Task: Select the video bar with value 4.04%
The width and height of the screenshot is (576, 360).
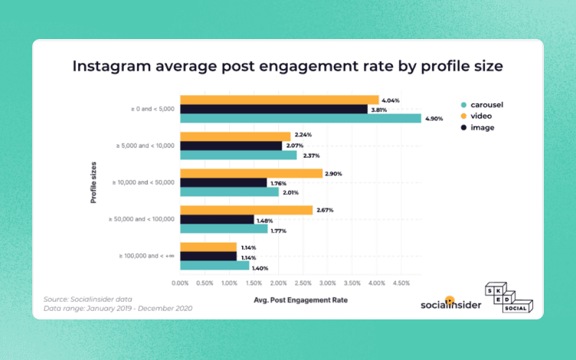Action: (x=280, y=100)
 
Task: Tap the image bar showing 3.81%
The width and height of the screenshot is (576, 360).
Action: (x=273, y=109)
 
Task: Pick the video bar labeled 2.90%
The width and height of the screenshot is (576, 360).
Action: (x=251, y=173)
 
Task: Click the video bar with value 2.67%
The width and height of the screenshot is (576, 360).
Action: (x=246, y=210)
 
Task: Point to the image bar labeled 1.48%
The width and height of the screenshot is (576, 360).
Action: (x=217, y=219)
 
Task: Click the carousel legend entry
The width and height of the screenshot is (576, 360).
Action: (x=483, y=103)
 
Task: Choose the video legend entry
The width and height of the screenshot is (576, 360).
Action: (x=479, y=116)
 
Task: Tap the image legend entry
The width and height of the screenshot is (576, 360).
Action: (x=479, y=127)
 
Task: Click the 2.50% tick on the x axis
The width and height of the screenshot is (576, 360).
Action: (x=303, y=283)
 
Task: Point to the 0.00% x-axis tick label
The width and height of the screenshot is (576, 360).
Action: (x=181, y=283)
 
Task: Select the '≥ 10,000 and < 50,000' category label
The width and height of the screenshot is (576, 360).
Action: (x=144, y=182)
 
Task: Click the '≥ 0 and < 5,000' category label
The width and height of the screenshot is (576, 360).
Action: (x=152, y=109)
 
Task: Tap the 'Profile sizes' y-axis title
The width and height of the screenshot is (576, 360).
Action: (x=93, y=182)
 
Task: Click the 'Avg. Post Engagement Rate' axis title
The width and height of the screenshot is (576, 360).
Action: (x=300, y=299)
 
